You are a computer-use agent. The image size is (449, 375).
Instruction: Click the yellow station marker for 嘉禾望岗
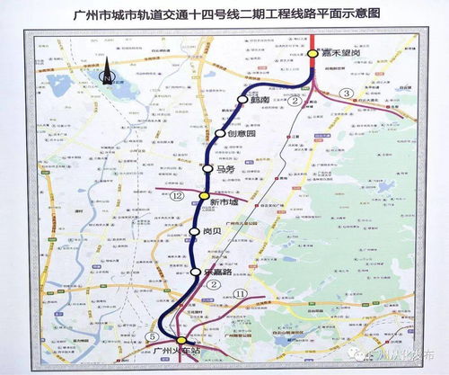(311, 54)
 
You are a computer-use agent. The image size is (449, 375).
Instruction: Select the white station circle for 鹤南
(241, 100)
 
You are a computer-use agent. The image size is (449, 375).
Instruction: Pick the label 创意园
(243, 135)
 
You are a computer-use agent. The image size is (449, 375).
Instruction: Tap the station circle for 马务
(208, 168)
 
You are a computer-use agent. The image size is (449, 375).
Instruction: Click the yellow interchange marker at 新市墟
(204, 195)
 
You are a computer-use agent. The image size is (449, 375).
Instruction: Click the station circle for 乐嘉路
(195, 271)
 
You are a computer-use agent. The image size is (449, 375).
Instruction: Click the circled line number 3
(347, 94)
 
